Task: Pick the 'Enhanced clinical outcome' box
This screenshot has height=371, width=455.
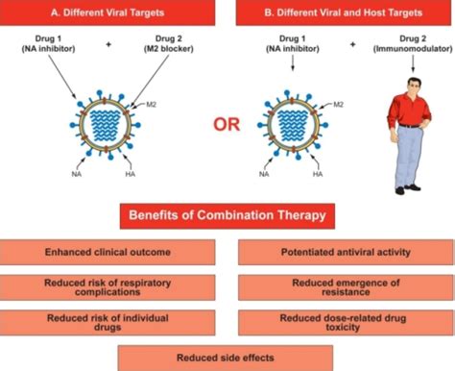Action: pos(113,252)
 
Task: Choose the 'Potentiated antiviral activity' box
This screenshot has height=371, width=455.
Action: pos(342,252)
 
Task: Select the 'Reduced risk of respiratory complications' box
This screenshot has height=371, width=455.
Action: pos(113,287)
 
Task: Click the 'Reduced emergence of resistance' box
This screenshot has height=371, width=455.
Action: pos(342,287)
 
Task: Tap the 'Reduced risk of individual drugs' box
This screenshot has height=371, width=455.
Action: pos(113,322)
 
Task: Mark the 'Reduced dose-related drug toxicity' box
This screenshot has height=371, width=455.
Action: pos(342,322)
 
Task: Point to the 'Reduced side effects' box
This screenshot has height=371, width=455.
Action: pos(227,357)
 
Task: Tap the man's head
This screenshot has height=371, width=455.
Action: pos(407,77)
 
